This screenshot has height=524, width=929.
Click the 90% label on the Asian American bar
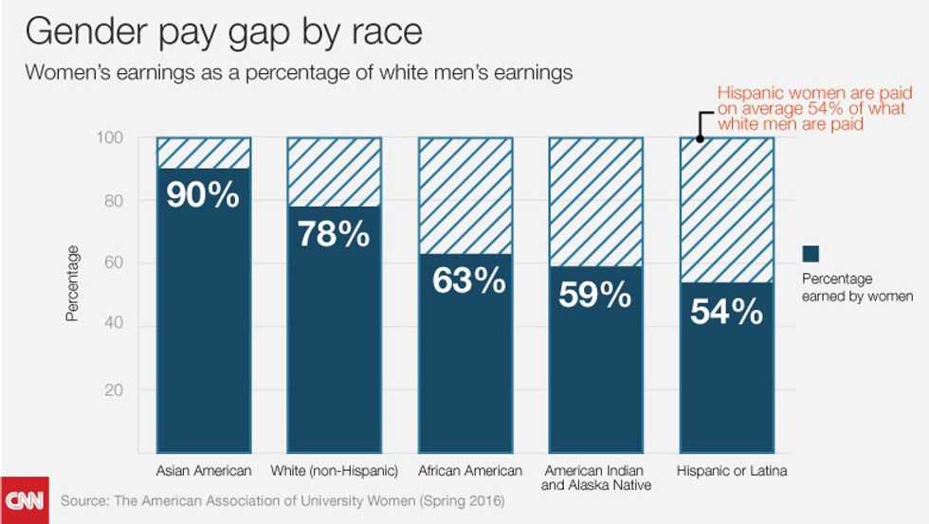click(x=203, y=194)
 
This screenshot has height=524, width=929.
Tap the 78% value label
click(x=334, y=233)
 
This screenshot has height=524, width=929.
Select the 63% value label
click(x=464, y=280)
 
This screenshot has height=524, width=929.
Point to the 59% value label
click(x=595, y=294)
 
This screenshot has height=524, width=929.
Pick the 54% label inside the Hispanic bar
click(x=727, y=310)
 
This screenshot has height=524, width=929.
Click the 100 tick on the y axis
click(x=109, y=138)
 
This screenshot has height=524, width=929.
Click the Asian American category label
click(x=203, y=471)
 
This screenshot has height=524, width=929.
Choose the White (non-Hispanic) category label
click(x=334, y=471)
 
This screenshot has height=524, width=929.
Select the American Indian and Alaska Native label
click(x=596, y=478)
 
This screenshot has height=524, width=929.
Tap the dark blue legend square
click(x=811, y=254)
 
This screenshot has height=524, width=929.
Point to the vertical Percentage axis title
click(x=73, y=283)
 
